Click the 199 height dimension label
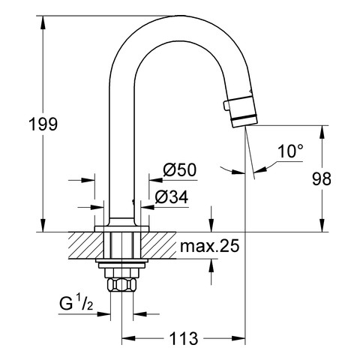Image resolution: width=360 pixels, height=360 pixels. (x=43, y=124)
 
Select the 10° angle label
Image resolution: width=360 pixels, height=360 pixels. (x=289, y=151)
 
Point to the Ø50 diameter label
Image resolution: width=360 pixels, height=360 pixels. (x=179, y=170)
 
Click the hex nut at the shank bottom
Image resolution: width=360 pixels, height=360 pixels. (x=122, y=286)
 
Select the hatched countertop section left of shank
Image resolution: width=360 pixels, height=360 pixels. (x=84, y=244)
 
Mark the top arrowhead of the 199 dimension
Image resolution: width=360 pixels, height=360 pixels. (x=42, y=16)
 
